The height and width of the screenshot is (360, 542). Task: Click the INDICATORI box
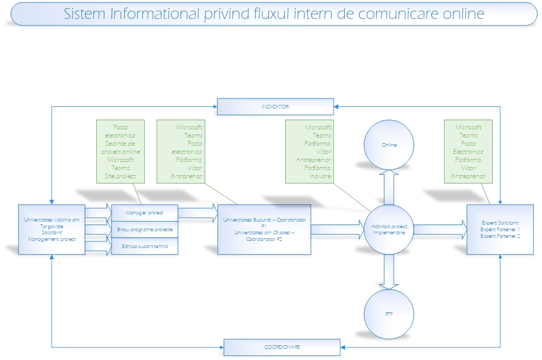(x=275, y=106)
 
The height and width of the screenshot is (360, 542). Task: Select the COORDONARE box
(x=282, y=347)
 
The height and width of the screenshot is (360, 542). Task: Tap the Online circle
(x=389, y=145)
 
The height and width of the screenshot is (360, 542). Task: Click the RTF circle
(x=389, y=314)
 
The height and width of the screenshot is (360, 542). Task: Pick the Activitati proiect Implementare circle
(x=389, y=229)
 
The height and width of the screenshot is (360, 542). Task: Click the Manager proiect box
(x=144, y=212)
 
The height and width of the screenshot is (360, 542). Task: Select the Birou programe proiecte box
(x=144, y=229)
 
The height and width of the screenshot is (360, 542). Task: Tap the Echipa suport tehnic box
(x=144, y=246)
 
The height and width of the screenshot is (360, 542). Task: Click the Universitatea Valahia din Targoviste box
(x=51, y=229)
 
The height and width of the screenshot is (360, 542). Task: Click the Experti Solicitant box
(x=500, y=229)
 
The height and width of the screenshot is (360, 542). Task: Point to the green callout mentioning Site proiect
(x=120, y=151)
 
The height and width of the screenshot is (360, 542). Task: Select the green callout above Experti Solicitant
(x=468, y=151)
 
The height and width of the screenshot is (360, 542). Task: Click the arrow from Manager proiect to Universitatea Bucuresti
(x=198, y=213)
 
